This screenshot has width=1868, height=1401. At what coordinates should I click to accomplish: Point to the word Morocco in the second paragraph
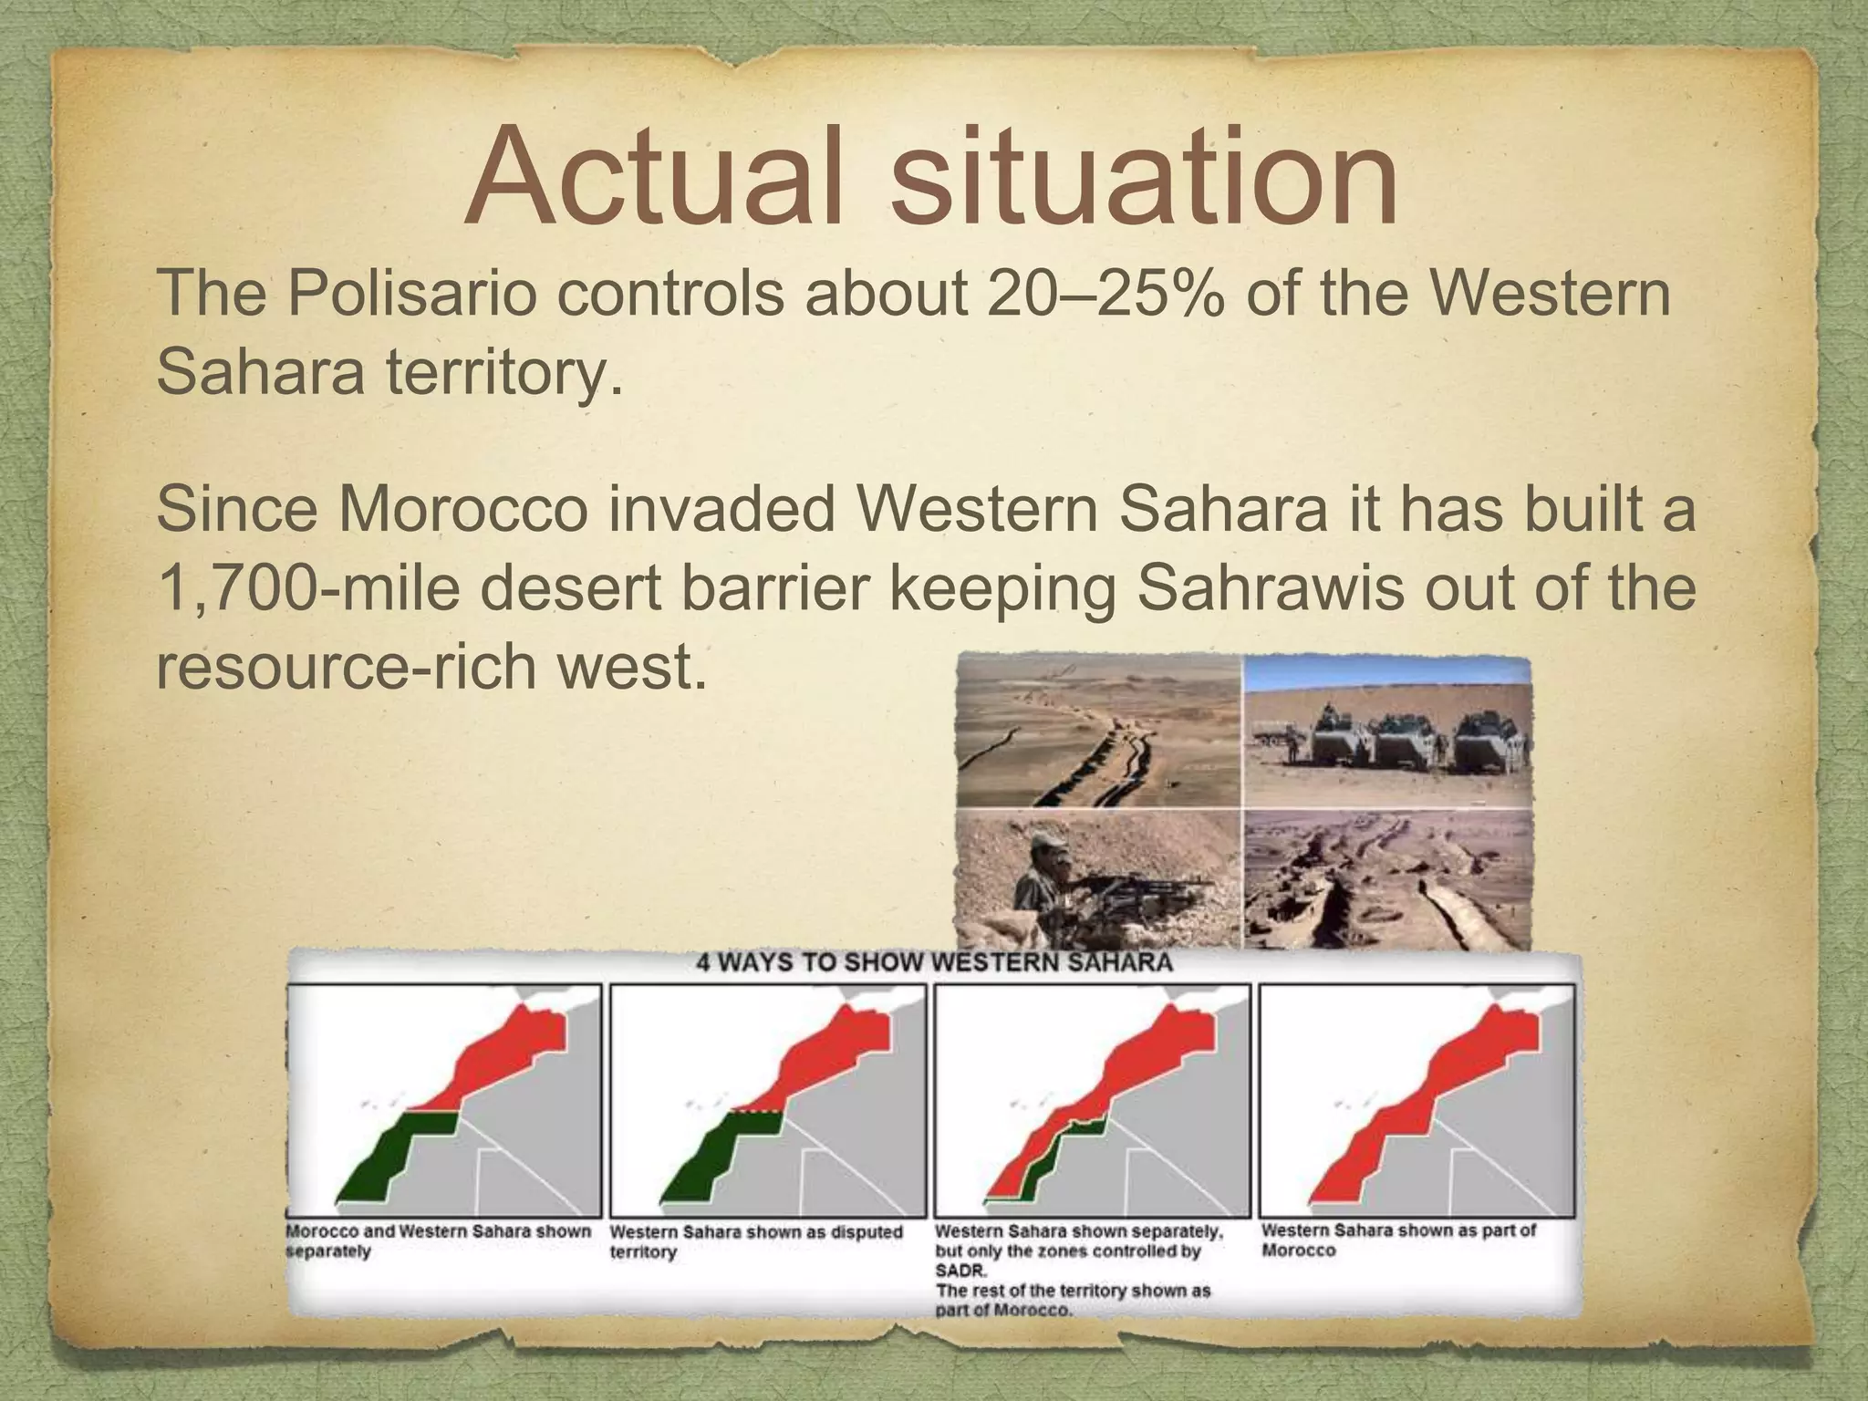coord(463,511)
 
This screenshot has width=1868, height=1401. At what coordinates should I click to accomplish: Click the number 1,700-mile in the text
coord(308,589)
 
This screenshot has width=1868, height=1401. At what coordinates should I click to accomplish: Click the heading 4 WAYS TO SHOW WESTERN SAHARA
coord(934,963)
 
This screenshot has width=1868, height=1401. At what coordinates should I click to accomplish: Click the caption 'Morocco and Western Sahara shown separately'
coord(438,1240)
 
